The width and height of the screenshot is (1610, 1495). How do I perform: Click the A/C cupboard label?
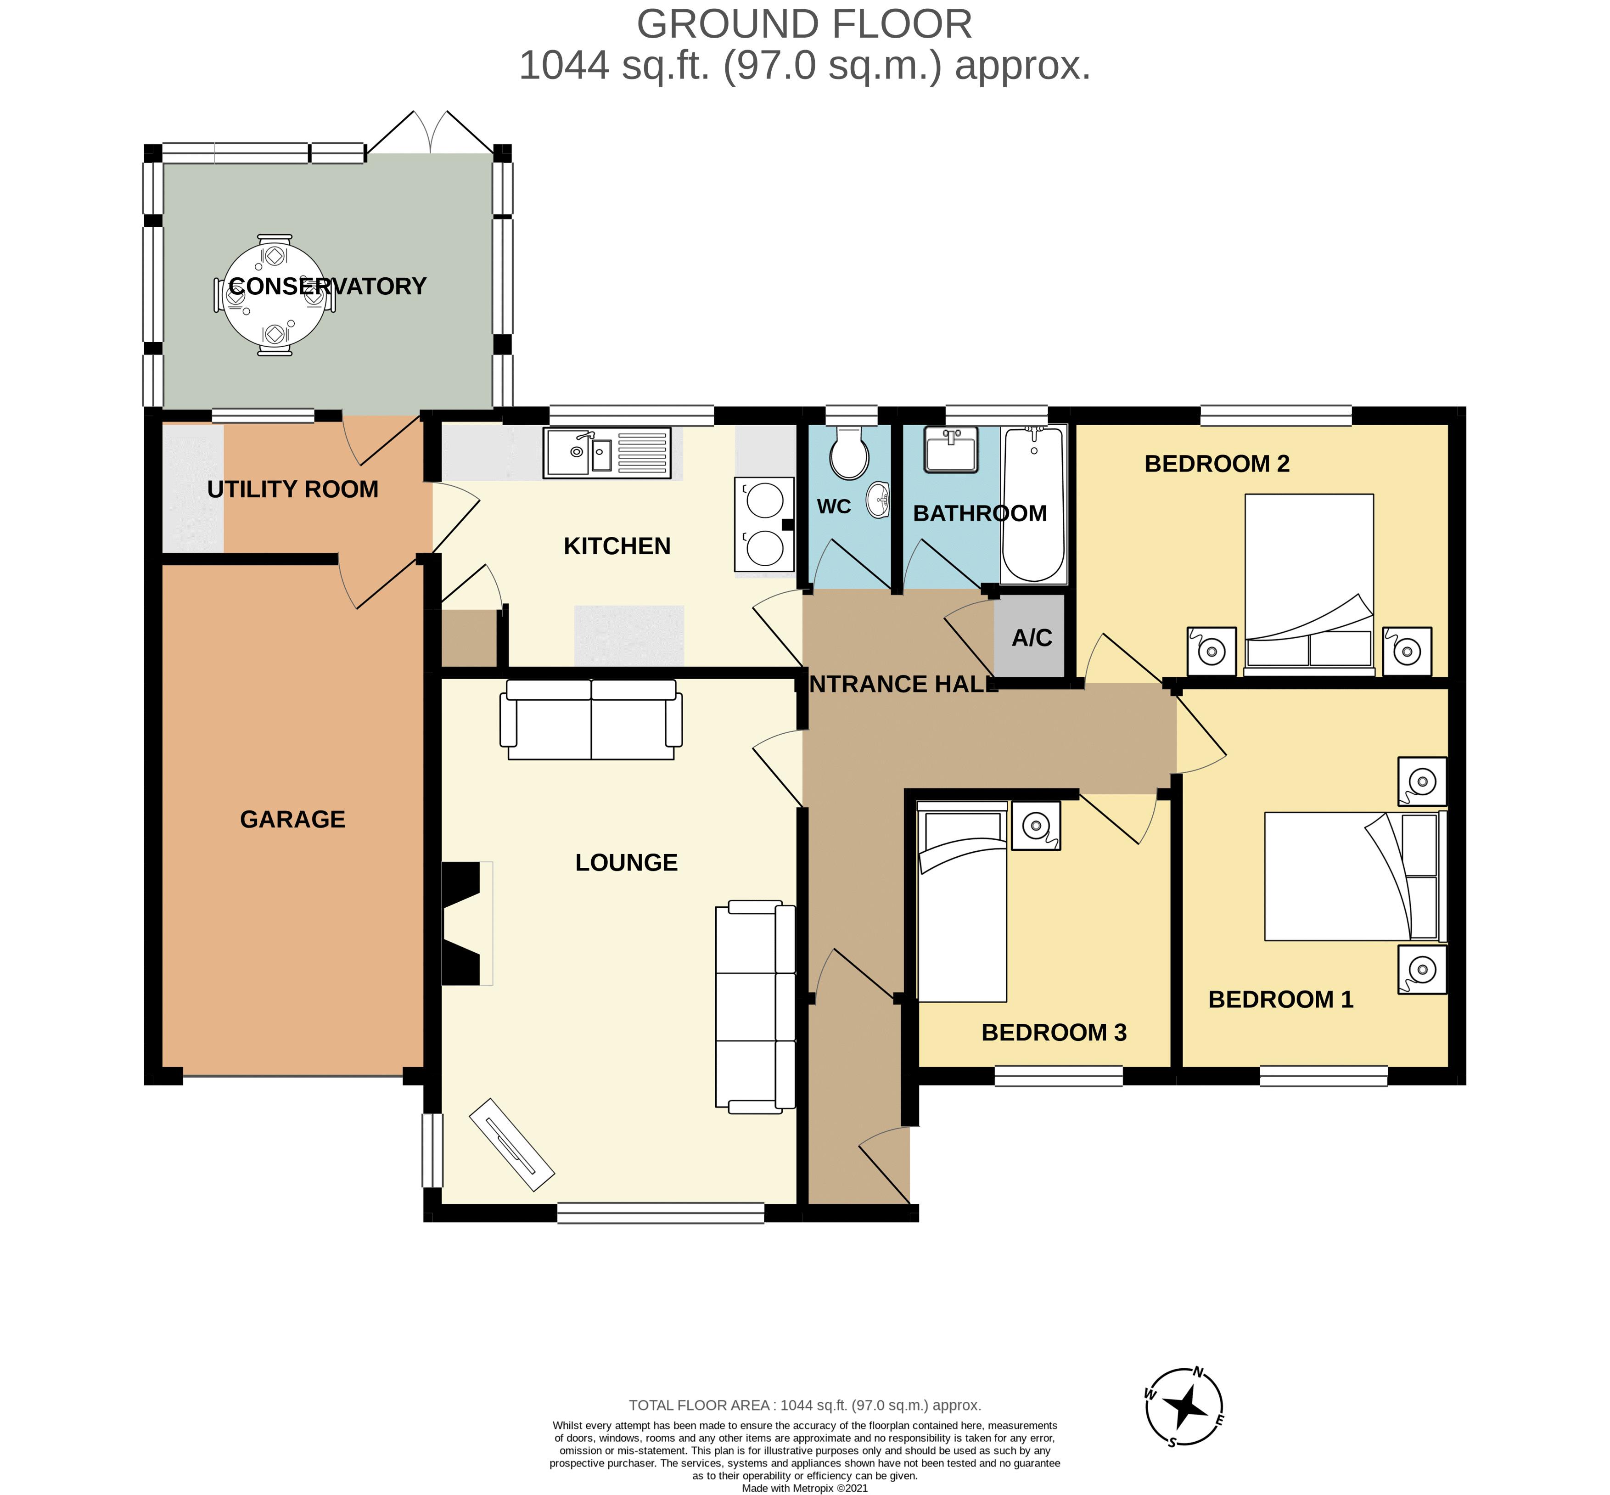tap(1032, 638)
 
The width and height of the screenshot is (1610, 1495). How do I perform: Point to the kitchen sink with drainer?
tap(607, 452)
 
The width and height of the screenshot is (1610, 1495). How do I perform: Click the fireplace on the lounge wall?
tap(467, 923)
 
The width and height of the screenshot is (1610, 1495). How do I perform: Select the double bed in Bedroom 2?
tap(1308, 584)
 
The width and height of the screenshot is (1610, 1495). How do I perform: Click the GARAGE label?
tap(293, 820)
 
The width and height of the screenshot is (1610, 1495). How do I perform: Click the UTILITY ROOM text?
tap(293, 489)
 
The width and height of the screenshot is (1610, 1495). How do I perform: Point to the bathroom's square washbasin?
tap(951, 450)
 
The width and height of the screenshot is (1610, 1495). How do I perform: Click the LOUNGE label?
tap(626, 862)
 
